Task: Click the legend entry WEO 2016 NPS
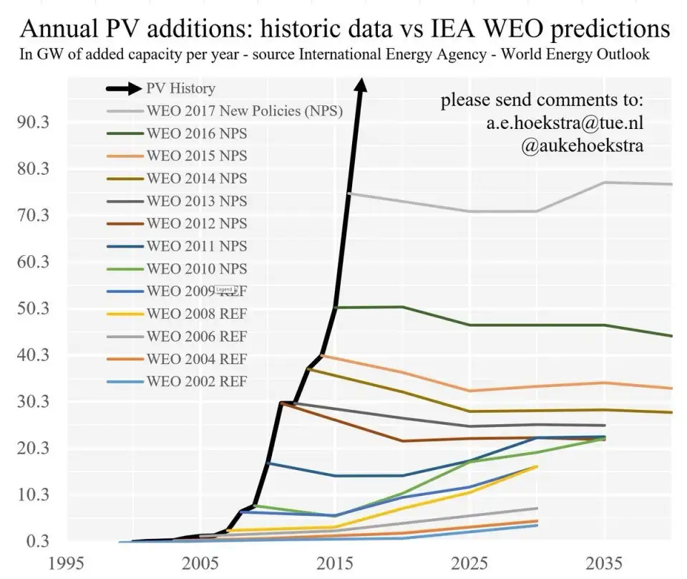[197, 133]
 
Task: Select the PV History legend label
[180, 89]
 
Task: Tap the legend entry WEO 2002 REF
[197, 381]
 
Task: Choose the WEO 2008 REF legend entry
[197, 313]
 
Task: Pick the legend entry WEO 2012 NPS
[197, 224]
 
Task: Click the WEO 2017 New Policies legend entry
[244, 111]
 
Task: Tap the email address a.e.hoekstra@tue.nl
[565, 123]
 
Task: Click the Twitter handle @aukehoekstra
[583, 145]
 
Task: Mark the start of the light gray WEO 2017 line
[349, 193]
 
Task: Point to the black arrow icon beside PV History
[123, 89]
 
